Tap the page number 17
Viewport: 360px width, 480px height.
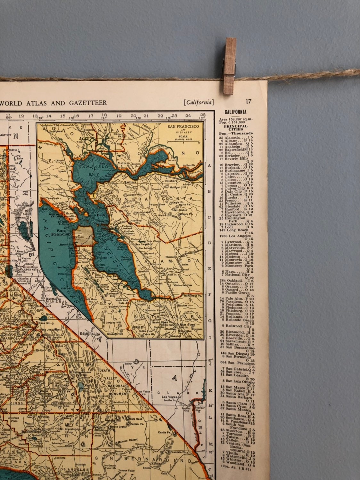tap(249, 101)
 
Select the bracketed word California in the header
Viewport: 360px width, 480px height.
tap(199, 102)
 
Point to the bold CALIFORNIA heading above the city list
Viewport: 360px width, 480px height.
tap(235, 112)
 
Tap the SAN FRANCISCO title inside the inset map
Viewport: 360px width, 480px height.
tap(183, 126)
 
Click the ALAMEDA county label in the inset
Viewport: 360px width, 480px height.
tap(184, 261)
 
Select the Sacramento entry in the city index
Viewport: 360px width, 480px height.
tap(238, 341)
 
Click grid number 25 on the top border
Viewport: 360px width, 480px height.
tap(202, 115)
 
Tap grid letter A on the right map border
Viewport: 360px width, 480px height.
tap(209, 165)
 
